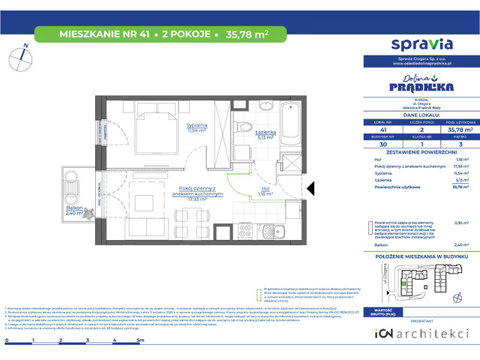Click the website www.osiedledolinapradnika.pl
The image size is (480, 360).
tap(416, 64)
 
